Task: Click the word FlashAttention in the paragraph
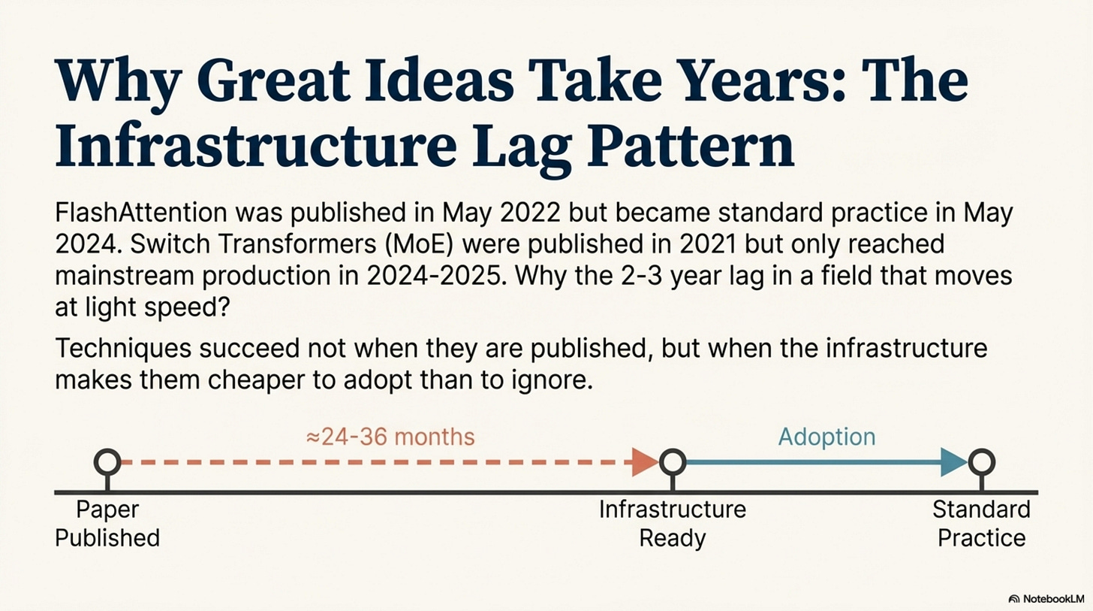[x=141, y=213]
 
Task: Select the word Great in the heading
[x=274, y=80]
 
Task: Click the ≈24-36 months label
[x=390, y=437]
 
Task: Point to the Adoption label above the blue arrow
[x=827, y=437]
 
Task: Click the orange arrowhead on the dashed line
[x=645, y=462]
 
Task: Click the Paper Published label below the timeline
[x=107, y=524]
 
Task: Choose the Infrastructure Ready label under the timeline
[x=673, y=524]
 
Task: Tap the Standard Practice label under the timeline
[x=981, y=524]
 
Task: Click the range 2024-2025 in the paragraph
[x=434, y=276]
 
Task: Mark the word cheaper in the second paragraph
[x=256, y=380]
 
